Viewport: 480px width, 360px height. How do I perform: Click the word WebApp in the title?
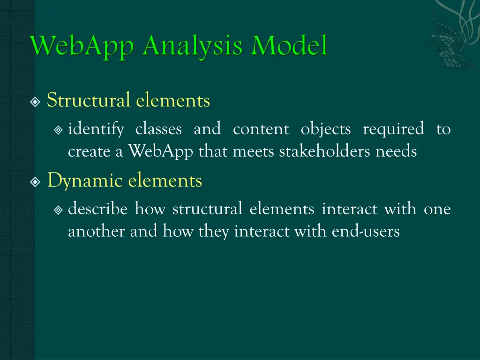coord(84,47)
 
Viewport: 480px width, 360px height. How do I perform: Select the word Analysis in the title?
coord(194,47)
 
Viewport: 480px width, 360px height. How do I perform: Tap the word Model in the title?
coord(289,47)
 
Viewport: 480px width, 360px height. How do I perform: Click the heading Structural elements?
coord(128,100)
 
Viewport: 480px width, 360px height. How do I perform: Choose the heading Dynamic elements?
coord(124,180)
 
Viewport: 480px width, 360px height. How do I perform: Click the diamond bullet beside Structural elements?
coord(36,102)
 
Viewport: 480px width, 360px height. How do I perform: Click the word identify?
coord(96,129)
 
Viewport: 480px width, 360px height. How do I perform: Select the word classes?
coord(158,129)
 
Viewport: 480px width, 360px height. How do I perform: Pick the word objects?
coord(325,129)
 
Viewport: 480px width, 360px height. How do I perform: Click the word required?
coord(393,129)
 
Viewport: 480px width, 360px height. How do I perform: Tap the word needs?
coord(396,151)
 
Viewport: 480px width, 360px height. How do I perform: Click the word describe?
coord(97,209)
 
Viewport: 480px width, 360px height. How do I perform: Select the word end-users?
coord(366,232)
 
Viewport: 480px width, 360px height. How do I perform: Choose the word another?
coord(97,232)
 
